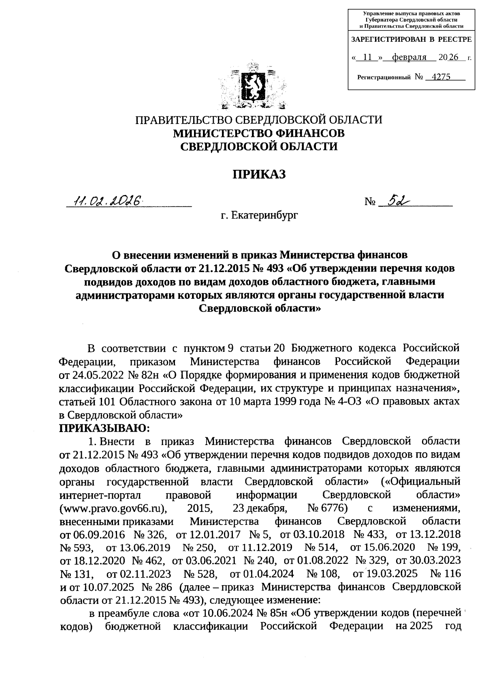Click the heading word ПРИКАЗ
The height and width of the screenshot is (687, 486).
[259, 174]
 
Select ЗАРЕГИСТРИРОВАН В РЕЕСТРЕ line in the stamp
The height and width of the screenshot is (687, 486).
[411, 40]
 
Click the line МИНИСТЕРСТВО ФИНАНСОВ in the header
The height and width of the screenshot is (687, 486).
[259, 133]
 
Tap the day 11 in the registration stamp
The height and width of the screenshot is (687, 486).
[367, 58]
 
